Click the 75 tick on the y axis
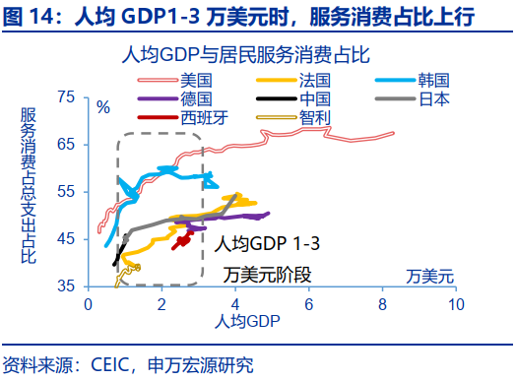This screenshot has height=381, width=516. [66, 97]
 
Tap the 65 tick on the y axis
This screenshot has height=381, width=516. [66, 145]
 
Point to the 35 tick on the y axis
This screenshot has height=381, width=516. [66, 286]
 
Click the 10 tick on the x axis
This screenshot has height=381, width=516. [456, 305]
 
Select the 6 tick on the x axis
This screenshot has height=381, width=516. [309, 305]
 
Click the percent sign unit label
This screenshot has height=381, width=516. [103, 106]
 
